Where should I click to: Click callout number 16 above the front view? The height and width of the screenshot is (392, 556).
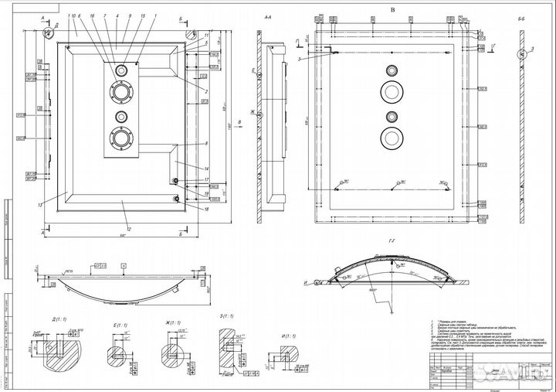(x=91, y=15)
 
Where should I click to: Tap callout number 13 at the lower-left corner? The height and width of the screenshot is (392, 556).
(x=38, y=205)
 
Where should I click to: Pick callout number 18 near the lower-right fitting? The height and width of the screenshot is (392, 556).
(x=207, y=209)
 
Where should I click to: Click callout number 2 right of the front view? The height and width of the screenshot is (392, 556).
(x=207, y=93)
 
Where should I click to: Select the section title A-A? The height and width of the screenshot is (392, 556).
(x=268, y=15)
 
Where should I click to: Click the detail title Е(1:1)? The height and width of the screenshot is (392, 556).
(x=120, y=326)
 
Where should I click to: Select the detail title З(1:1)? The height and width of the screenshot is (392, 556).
(x=227, y=315)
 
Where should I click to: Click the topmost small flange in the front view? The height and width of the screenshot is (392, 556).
(x=122, y=70)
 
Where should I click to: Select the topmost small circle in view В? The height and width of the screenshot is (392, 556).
(x=391, y=68)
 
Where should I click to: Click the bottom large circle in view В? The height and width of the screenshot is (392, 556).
(x=391, y=139)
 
